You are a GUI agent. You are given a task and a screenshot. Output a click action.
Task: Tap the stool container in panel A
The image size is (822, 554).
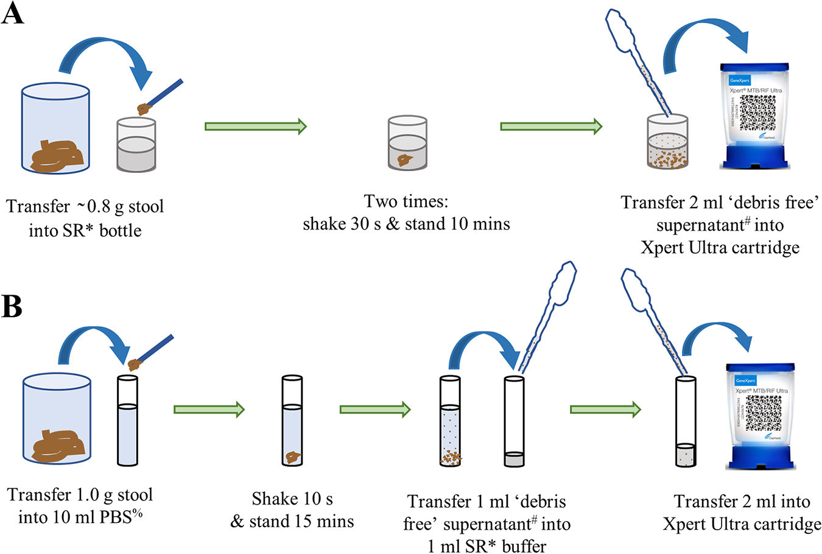(x=55, y=128)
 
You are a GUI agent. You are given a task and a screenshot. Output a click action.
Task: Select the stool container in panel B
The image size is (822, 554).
(x=57, y=419)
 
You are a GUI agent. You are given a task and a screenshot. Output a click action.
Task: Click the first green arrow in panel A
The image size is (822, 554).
(x=255, y=127)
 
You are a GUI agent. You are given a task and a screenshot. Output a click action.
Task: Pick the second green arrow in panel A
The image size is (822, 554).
(x=551, y=127)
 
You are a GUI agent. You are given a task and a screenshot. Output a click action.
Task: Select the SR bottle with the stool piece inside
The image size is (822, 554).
(x=407, y=144)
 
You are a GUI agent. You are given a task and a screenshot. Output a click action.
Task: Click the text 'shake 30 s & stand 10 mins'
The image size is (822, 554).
(x=406, y=224)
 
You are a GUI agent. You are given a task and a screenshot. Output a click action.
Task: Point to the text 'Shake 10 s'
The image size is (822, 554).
(x=292, y=499)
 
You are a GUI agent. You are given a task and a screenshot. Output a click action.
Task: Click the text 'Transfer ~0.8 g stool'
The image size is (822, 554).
(x=85, y=207)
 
